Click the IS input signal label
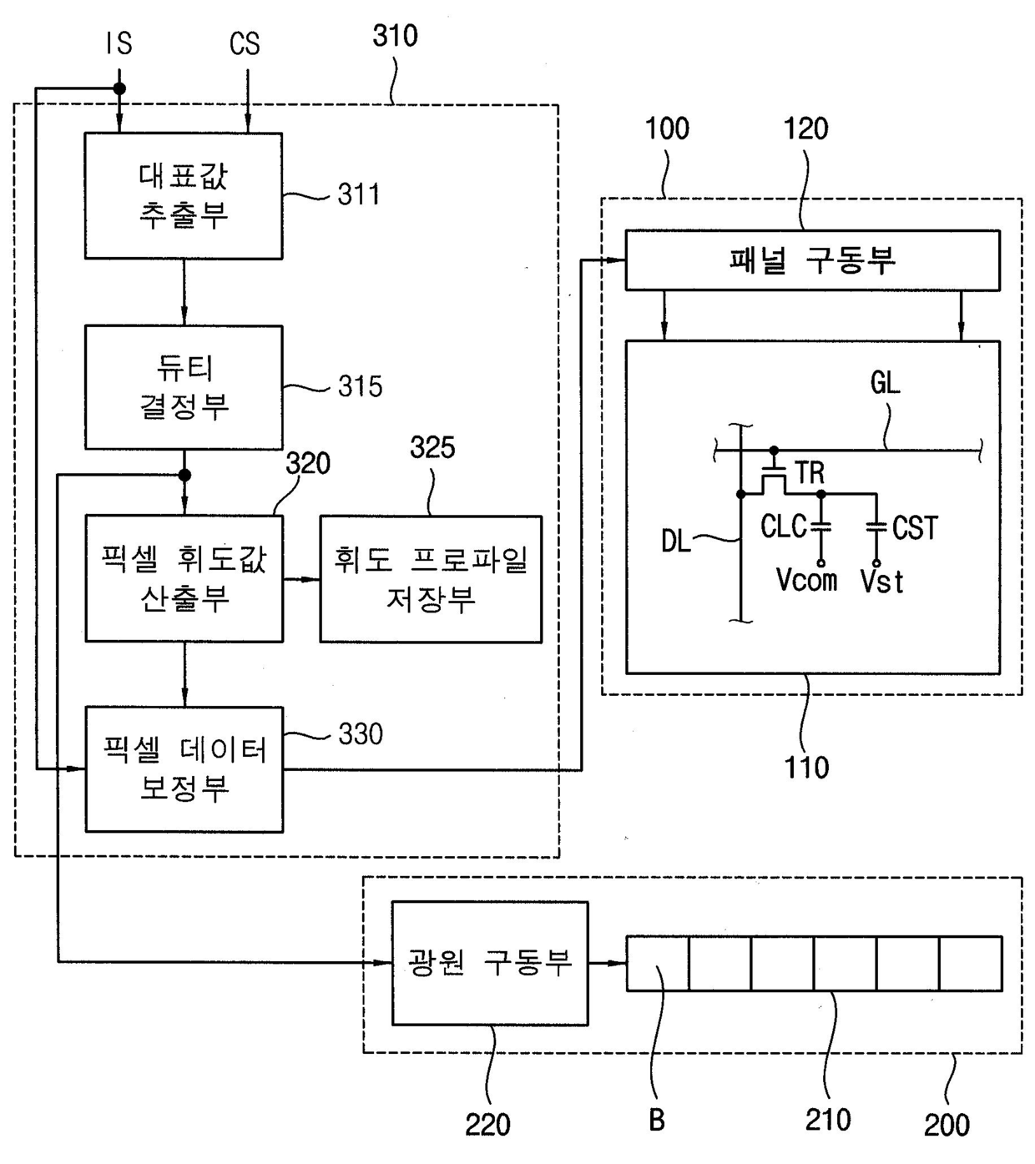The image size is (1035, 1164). click(x=119, y=43)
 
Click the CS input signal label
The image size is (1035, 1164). click(x=245, y=43)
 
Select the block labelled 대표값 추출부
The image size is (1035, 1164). click(x=184, y=196)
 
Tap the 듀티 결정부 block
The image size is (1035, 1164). click(x=184, y=387)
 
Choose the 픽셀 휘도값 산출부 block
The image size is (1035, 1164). click(x=184, y=578)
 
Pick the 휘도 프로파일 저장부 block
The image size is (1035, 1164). click(x=431, y=578)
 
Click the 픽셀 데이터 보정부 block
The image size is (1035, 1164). click(x=184, y=769)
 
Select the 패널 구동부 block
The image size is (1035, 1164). click(x=813, y=260)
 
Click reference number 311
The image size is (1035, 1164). click(x=359, y=194)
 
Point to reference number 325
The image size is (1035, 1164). click(x=432, y=447)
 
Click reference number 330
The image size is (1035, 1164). click(x=361, y=733)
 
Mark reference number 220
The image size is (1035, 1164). click(x=488, y=1125)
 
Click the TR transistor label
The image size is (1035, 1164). click(x=810, y=473)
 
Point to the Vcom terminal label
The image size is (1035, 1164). click(x=806, y=580)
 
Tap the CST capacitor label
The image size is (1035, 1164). click(x=915, y=528)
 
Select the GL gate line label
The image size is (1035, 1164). click(x=885, y=383)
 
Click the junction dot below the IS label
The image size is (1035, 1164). click(x=119, y=88)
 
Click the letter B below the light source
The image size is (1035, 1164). click(x=657, y=1121)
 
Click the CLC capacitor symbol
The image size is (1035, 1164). click(x=821, y=526)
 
